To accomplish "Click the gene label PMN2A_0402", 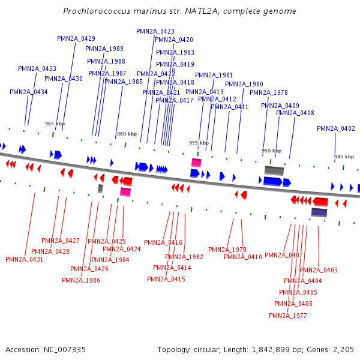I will coord(336,128).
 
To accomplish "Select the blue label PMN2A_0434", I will coord(29,92).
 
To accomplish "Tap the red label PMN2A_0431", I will coord(24,259).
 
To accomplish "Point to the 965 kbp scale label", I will coord(55,124).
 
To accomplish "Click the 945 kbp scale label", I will coord(344,157).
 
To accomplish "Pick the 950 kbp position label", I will coord(271,151).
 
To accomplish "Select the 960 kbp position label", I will coord(126,134).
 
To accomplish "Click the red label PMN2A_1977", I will coord(288,316).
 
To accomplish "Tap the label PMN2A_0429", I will coord(76,38).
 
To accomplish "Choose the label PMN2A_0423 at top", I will coord(155,31).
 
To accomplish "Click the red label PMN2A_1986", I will coord(81,280).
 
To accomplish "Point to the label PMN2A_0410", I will coord(243,257).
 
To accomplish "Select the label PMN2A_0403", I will coord(319,270).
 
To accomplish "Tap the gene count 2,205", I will coord(343,349).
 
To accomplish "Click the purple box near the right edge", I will coord(319,212).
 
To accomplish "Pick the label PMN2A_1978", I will coord(269,92).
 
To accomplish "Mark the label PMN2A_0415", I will coord(166,279).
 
